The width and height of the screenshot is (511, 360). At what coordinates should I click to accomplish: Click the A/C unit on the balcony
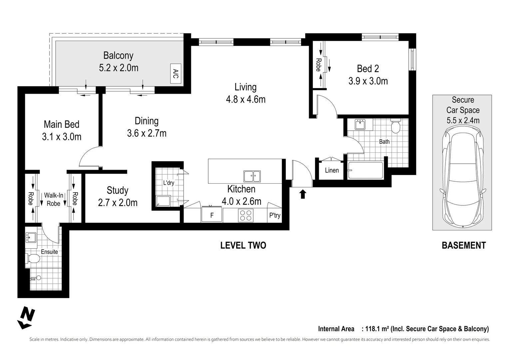coord(175,73)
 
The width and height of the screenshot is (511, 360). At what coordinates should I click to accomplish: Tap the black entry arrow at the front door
coord(303,194)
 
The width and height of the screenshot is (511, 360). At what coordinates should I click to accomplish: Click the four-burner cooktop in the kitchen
coord(246,215)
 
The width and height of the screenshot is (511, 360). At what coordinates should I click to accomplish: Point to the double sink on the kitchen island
coord(252,176)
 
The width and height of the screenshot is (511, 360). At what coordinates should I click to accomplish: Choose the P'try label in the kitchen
coord(275,215)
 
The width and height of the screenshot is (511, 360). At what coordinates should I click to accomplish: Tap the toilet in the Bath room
coord(396,126)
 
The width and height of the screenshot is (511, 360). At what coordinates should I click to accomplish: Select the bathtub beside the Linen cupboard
coord(365,171)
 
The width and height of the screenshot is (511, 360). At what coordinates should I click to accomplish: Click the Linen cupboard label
coord(332,170)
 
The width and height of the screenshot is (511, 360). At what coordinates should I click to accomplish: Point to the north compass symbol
coord(26,318)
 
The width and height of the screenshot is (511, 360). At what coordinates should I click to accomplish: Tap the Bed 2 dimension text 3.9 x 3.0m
coord(368,81)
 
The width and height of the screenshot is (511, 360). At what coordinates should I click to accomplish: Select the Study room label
coord(117,190)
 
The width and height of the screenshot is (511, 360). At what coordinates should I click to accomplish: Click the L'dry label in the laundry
coord(169,183)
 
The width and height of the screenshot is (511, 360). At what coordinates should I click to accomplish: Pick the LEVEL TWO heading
coord(243,246)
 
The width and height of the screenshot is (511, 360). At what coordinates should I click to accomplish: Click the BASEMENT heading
coord(463,246)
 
